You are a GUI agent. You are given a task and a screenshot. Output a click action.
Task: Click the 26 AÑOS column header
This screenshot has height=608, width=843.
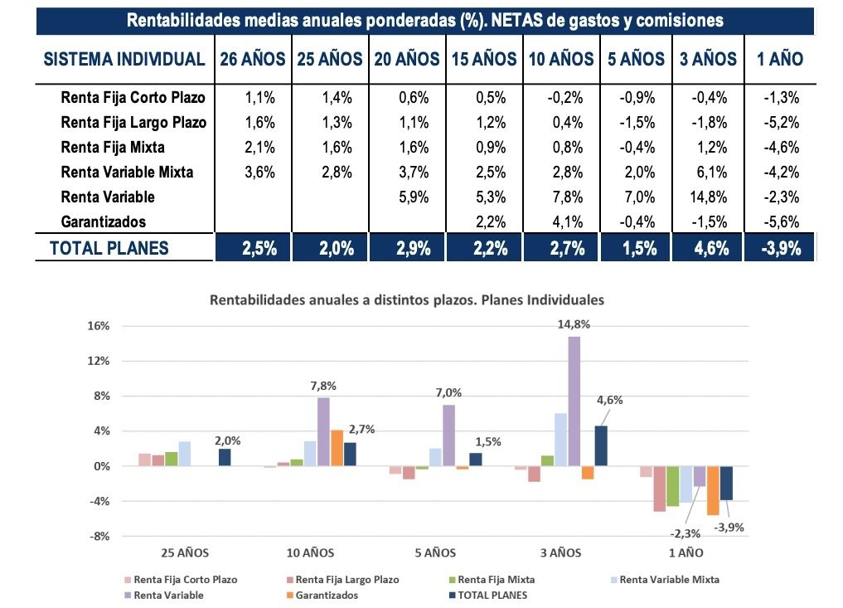[x=253, y=59]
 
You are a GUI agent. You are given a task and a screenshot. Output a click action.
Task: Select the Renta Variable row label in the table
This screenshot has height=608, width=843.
[x=108, y=197]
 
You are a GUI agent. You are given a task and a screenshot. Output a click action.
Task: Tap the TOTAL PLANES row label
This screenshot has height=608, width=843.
[x=109, y=248]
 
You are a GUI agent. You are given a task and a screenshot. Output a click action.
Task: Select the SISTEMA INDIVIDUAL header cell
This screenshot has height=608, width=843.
[x=124, y=59]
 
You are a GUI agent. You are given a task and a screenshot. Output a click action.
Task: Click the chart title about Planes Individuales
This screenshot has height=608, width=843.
[x=406, y=299]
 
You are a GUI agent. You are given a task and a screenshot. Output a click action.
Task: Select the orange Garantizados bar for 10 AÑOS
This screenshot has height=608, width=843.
[x=337, y=448]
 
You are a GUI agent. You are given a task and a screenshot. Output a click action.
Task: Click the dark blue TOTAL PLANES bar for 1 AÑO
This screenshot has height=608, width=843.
[x=726, y=483]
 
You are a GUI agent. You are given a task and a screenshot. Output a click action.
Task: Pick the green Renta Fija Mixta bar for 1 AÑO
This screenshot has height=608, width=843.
[x=673, y=486]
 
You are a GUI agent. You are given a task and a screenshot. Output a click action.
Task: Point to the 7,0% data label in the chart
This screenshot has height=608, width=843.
[x=449, y=392]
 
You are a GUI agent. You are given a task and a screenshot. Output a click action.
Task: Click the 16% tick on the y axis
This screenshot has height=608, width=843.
[x=99, y=326]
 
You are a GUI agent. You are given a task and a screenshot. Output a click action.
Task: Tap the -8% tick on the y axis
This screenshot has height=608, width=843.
[x=99, y=536]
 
